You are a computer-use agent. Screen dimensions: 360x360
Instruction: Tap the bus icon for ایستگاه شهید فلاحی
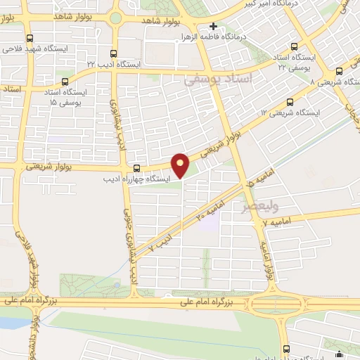click(x=29, y=39)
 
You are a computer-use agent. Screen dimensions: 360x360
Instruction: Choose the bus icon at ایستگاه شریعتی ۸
click(x=340, y=70)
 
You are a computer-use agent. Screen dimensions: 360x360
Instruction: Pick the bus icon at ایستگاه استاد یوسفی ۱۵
click(x=65, y=81)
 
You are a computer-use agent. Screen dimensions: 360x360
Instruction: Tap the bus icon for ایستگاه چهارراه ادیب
click(x=136, y=168)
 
